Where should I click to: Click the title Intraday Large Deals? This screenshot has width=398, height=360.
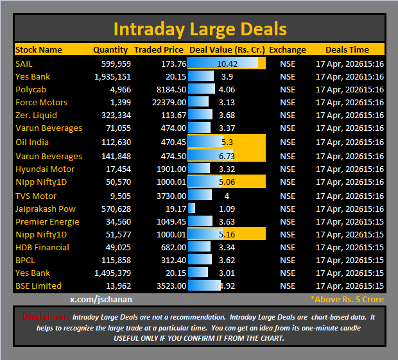(x=200, y=29)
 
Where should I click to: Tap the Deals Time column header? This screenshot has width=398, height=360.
(x=347, y=49)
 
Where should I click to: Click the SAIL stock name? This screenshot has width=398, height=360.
(x=24, y=64)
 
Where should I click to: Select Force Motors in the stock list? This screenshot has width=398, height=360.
(x=41, y=103)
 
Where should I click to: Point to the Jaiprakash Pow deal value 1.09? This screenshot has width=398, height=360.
(x=227, y=209)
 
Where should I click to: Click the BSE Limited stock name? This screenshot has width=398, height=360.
(x=39, y=286)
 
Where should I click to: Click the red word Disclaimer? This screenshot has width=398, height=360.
(x=46, y=316)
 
